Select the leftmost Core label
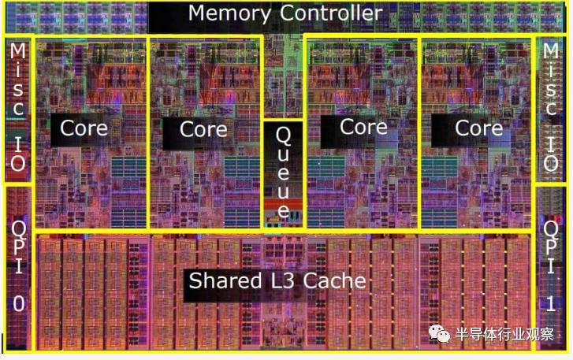pos(84,128)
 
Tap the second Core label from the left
pos(203,128)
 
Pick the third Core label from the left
pos(363,127)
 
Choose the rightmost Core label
pos(479,128)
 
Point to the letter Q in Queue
pos(282,136)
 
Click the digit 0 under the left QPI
pos(18,304)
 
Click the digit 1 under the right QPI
pos(552,304)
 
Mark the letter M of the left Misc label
pos(17,52)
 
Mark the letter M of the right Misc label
pos(552,52)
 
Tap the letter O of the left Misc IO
pos(17,164)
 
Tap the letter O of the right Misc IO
pos(552,164)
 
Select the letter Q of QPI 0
pos(18,228)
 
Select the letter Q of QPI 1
pos(552,228)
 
